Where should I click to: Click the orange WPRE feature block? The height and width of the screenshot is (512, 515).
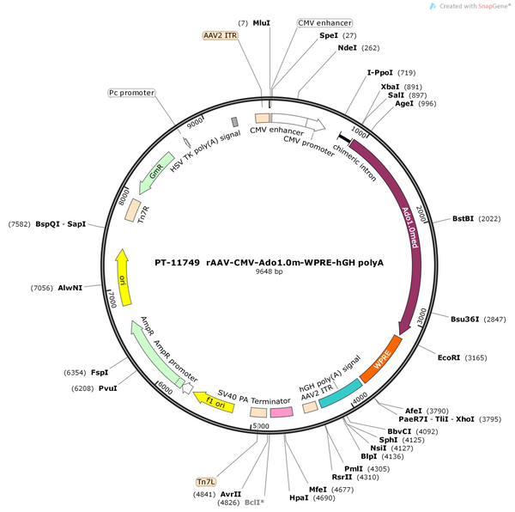381,359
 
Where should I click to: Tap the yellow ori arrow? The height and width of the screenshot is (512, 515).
123,277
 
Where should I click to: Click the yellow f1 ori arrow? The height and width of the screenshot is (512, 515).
214,401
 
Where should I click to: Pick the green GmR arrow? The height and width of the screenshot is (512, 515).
155,173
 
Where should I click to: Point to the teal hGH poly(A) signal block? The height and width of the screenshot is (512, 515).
341,393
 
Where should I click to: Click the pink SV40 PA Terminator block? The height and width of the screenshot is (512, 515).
282,412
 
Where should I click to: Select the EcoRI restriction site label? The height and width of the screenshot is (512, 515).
449,357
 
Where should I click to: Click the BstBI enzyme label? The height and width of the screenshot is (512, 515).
463,218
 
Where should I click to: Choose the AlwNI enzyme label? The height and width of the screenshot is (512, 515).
70,288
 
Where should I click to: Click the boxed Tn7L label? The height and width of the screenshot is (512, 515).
206,482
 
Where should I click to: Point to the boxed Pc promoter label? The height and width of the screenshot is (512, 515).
131,93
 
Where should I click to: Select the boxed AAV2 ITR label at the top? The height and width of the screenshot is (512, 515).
220,35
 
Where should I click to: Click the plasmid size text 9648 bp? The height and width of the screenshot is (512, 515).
269,271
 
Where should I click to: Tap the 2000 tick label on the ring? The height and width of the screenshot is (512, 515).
421,214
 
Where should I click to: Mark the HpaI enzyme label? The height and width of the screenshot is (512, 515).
299,498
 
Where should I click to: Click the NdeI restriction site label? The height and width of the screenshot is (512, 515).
347,48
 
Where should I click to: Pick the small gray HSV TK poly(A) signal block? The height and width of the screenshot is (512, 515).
234,122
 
